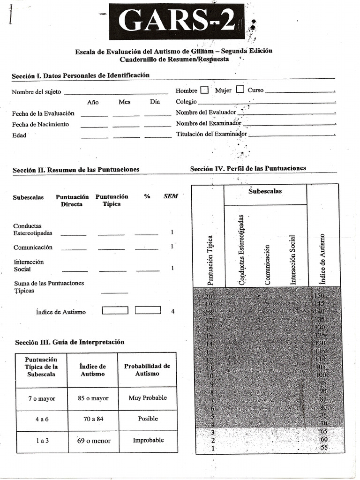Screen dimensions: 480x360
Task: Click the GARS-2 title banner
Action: (177, 22)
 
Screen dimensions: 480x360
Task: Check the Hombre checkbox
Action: (204, 90)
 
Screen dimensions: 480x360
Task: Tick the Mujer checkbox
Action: (240, 90)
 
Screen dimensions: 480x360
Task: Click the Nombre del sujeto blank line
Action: (116, 92)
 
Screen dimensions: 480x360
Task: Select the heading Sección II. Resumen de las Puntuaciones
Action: (76, 169)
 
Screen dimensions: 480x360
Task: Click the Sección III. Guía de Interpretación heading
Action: (70, 342)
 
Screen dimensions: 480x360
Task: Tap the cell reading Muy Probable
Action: (148, 398)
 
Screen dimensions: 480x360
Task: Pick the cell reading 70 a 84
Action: (93, 419)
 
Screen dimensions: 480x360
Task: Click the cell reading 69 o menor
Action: (93, 441)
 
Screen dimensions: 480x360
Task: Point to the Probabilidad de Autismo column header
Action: (147, 369)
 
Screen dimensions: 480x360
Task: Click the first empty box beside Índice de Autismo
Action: (115, 310)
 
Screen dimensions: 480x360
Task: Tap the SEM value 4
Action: (173, 311)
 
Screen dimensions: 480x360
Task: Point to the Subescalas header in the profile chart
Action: (265, 192)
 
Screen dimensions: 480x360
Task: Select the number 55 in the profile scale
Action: (323, 448)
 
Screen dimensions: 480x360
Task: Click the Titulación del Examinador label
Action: (211, 134)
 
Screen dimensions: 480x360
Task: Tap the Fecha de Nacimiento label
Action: (40, 124)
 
